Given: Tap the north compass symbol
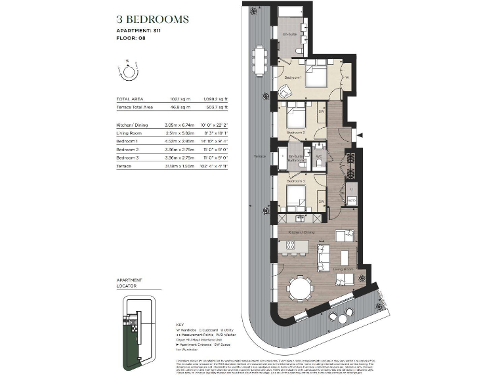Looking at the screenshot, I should pos(129,70).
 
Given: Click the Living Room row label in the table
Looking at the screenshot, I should pos(130,133).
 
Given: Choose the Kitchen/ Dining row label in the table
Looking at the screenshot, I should pos(132,125).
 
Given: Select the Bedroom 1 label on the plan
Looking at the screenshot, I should pos(292,77).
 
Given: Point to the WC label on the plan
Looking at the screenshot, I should pos(318,156).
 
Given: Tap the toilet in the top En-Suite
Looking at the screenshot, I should pos(299,49).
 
